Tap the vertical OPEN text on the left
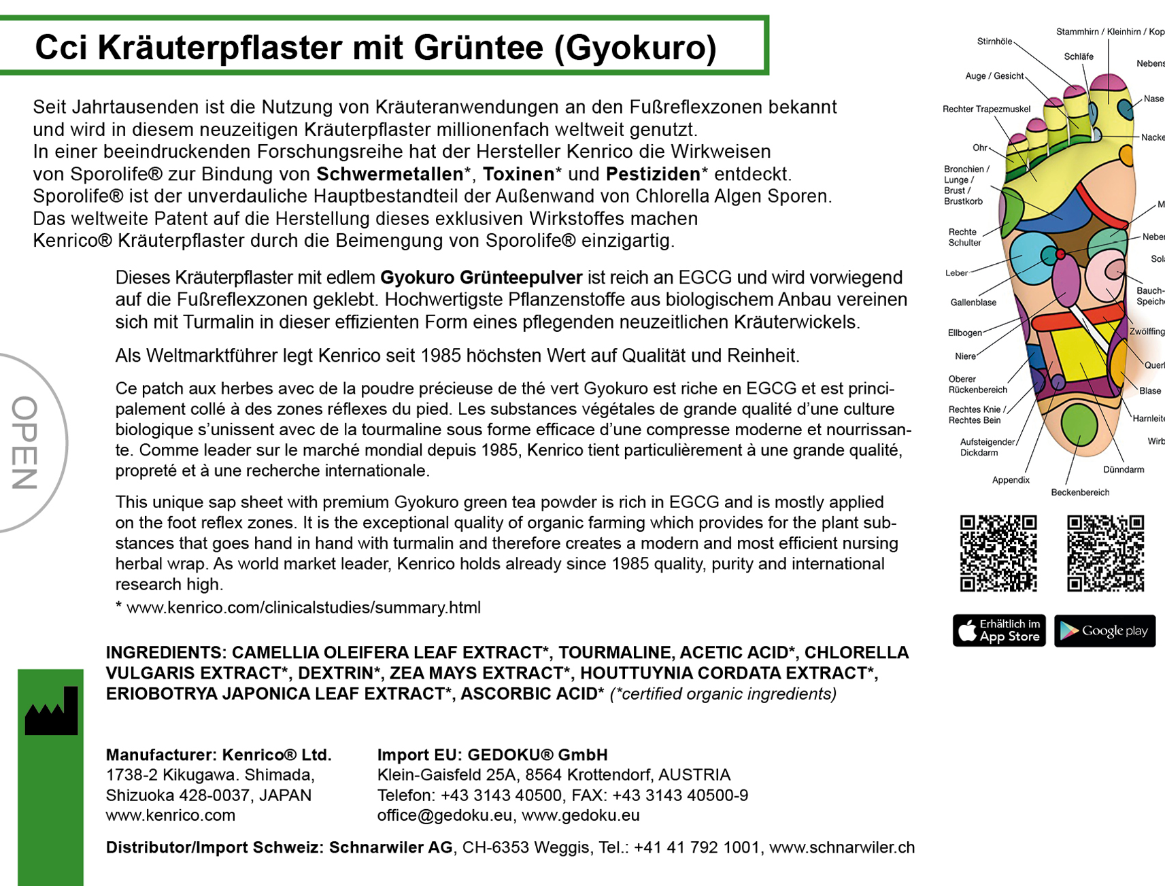pos(25,443)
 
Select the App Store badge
pos(998,630)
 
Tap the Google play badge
pos(1104,630)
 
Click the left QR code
pos(998,553)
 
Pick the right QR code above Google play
pos(1105,553)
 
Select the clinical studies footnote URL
pos(303,607)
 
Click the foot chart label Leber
pos(956,273)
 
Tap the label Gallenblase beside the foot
pos(973,303)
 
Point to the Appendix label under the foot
pos(1011,480)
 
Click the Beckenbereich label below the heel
pos(1080,492)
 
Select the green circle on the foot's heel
pos(1079,424)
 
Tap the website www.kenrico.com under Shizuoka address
pos(170,815)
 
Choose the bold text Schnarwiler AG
pos(390,848)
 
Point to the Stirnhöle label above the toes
pos(994,41)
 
